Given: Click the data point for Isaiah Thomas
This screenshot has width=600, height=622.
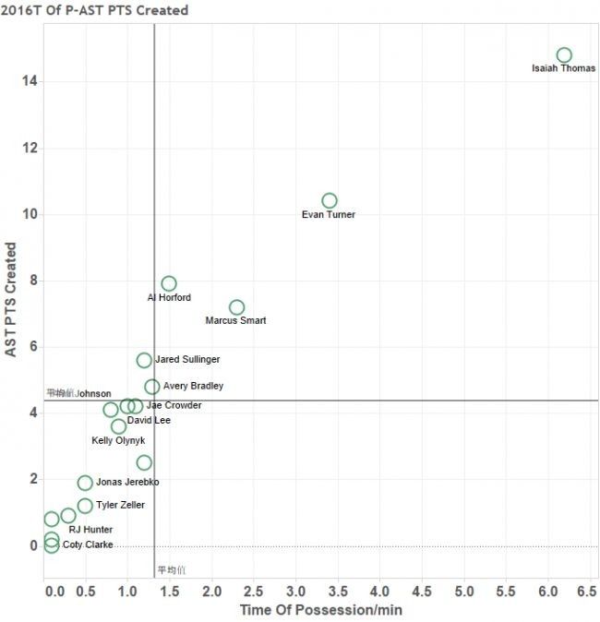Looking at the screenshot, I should pyautogui.click(x=564, y=55).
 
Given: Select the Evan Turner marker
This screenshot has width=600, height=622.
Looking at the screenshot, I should pyautogui.click(x=330, y=200).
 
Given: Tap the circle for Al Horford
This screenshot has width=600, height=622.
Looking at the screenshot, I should pyautogui.click(x=169, y=283).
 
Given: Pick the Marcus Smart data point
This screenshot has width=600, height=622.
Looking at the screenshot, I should pyautogui.click(x=236, y=307).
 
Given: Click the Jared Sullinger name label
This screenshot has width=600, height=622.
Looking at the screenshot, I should pyautogui.click(x=187, y=360).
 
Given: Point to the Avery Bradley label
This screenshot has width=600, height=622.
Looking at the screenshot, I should pyautogui.click(x=193, y=387).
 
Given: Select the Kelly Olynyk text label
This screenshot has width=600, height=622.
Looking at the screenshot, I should pyautogui.click(x=118, y=441).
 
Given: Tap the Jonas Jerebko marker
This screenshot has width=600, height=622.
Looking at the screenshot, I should pyautogui.click(x=85, y=483).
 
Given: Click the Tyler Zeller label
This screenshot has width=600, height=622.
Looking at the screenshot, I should pyautogui.click(x=120, y=506).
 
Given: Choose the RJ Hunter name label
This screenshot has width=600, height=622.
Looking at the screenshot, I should pyautogui.click(x=90, y=530).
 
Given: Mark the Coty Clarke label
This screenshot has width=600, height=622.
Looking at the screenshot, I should pyautogui.click(x=88, y=545).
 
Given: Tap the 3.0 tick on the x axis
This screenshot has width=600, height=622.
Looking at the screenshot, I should pyautogui.click(x=295, y=590).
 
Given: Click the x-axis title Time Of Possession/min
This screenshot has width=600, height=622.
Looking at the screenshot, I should pyautogui.click(x=320, y=610).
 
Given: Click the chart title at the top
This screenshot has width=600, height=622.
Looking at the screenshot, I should pyautogui.click(x=94, y=10).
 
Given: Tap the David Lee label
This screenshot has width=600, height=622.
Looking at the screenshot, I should pyautogui.click(x=149, y=421).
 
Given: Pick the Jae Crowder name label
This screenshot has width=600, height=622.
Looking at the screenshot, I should pyautogui.click(x=174, y=405).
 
